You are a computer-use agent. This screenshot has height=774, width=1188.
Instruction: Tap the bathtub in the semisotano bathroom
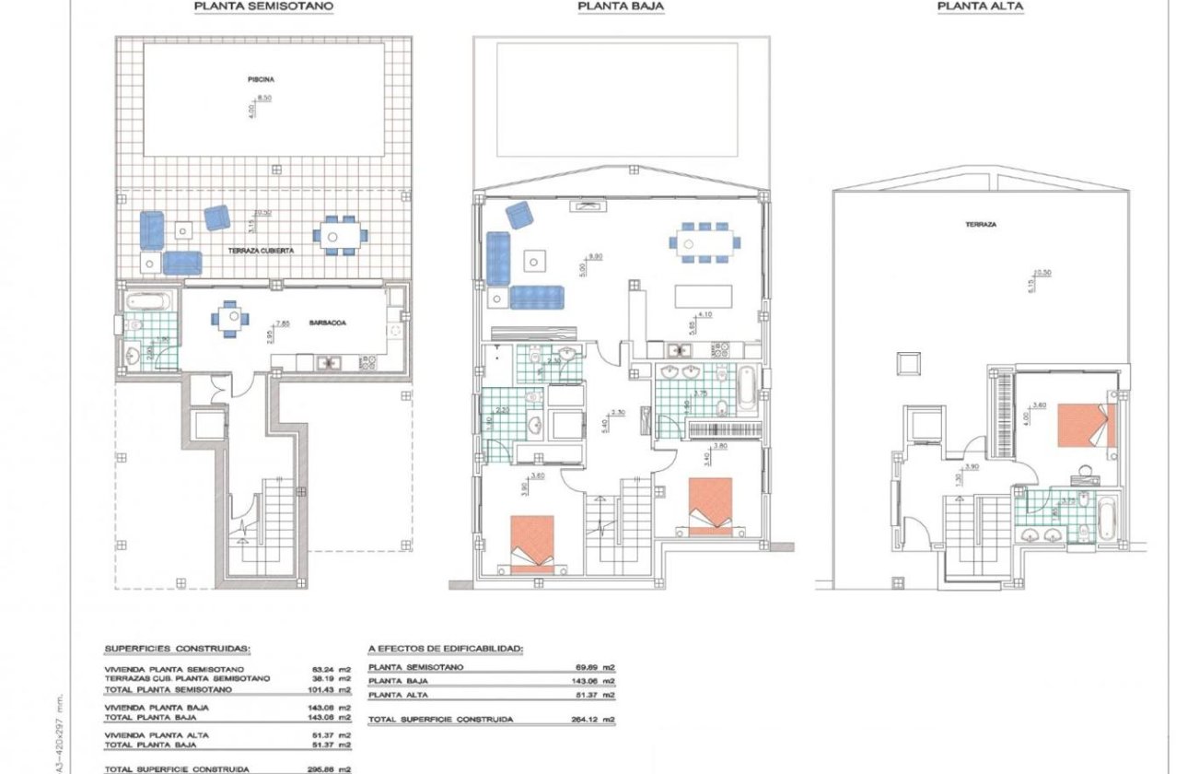(x=146, y=300)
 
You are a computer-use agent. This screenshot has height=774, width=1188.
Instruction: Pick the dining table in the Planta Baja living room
(x=704, y=244)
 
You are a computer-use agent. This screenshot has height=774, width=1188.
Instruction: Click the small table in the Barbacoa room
(x=230, y=319)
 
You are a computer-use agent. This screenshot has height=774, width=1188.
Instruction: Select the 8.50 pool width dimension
(x=266, y=97)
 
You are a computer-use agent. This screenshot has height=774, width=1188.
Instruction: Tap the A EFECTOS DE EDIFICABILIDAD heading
(x=445, y=649)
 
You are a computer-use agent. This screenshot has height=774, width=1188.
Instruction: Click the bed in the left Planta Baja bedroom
(x=532, y=545)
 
